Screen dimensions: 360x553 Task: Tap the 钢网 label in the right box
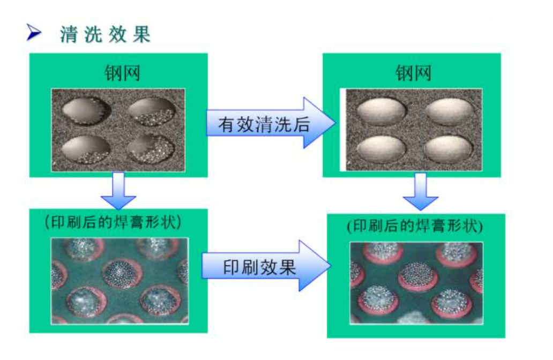pyautogui.click(x=413, y=72)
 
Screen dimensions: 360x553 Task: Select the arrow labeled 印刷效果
pyautogui.click(x=266, y=267)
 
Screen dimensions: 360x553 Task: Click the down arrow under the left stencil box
pyautogui.click(x=118, y=190)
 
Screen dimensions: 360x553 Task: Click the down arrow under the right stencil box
pyautogui.click(x=421, y=191)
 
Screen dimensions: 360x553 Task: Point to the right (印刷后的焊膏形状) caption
pyautogui.click(x=415, y=226)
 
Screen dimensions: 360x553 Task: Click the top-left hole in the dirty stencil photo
pyautogui.click(x=86, y=110)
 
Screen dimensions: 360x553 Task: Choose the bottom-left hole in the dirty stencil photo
pyautogui.click(x=86, y=149)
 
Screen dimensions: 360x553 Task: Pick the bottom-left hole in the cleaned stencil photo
pyautogui.click(x=382, y=148)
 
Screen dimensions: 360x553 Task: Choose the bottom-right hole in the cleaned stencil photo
pyautogui.click(x=449, y=148)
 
